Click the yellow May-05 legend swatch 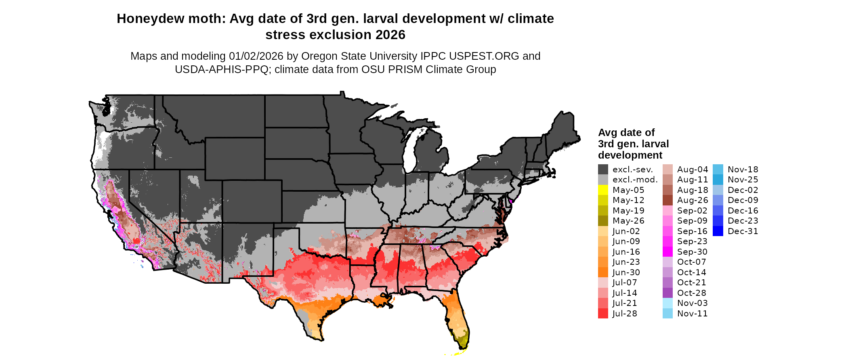(603, 190)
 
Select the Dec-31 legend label (743, 231)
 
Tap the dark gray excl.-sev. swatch (603, 170)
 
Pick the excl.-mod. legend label (635, 180)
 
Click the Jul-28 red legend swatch (603, 314)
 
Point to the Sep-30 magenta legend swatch (667, 252)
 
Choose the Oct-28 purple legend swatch (667, 293)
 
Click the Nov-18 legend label (743, 170)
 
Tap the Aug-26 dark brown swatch (667, 200)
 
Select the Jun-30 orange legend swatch (603, 272)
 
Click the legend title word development (630, 155)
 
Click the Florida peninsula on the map (458, 319)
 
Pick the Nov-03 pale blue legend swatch (667, 303)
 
